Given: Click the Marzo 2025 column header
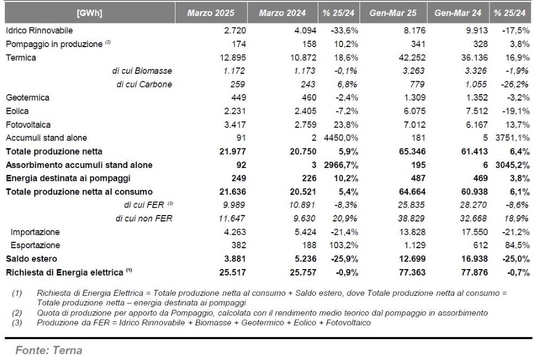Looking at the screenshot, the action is [210, 13].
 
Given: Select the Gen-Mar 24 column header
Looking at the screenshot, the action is [457, 13].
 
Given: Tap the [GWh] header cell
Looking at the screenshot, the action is [89, 13].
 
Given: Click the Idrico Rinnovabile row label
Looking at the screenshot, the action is [39, 30].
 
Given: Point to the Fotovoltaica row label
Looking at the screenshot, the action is [28, 125].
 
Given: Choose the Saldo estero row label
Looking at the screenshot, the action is [32, 259].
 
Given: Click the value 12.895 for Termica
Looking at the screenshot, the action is [233, 57].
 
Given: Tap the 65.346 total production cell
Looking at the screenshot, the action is [412, 151].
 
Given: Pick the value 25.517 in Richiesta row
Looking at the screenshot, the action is [232, 272].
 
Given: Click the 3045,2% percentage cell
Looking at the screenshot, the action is [513, 165].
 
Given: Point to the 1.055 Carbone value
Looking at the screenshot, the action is [477, 85].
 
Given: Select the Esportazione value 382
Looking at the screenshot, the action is [239, 245].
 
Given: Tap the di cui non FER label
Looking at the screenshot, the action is [143, 218].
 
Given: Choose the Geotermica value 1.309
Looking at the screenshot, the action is [415, 97].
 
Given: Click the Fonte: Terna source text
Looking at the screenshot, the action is [49, 350].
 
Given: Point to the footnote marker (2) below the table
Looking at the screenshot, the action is [17, 313].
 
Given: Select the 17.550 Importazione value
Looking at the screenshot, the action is [475, 232].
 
